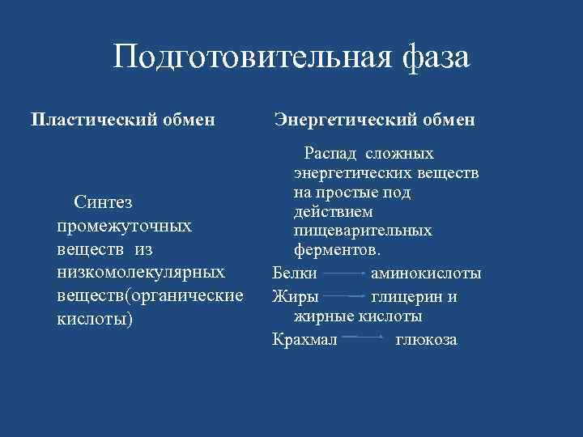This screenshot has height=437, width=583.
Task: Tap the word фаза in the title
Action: [x=434, y=58]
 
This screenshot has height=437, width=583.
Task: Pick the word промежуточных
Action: [x=125, y=225]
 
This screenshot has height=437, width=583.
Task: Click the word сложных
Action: [x=399, y=154]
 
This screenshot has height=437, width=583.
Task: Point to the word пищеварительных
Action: [x=363, y=231]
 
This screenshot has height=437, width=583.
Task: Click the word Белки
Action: [x=295, y=274]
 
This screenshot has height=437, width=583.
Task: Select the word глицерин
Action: [x=404, y=296]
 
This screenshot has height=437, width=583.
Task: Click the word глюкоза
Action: [x=426, y=339]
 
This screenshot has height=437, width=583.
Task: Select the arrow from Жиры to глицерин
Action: [x=346, y=297]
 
